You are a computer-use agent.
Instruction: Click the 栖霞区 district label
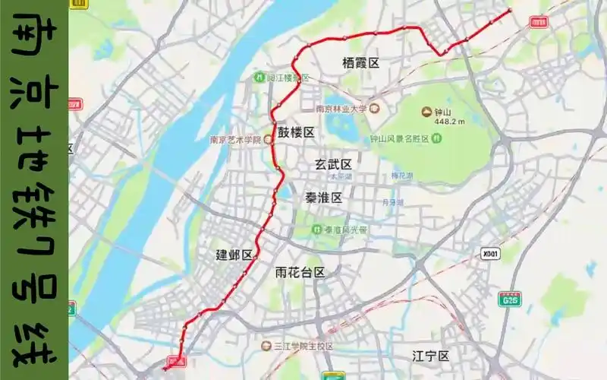tap(360, 63)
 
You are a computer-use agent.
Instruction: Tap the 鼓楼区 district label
tap(296, 132)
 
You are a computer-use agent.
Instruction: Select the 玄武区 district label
tap(334, 164)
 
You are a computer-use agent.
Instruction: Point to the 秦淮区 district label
tap(324, 198)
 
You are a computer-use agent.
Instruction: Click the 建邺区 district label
tap(234, 255)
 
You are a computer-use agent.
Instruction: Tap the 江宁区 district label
tap(431, 356)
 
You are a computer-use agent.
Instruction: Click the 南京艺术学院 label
tap(235, 140)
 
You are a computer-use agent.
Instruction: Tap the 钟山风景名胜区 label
tap(399, 138)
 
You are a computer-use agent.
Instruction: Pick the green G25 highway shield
tap(509, 300)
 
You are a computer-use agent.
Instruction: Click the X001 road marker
tap(491, 254)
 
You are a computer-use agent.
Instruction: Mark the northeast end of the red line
tap(510, 10)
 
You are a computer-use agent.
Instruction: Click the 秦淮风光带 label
tap(346, 230)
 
